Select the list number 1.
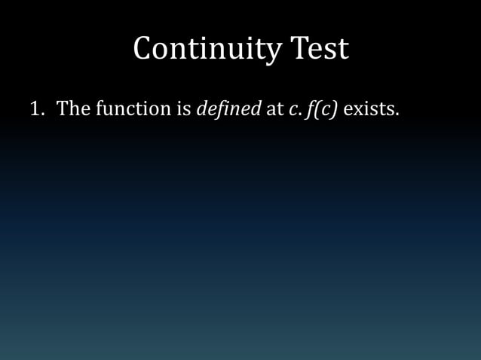click(x=34, y=108)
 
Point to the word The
click(x=74, y=108)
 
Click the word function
click(x=133, y=108)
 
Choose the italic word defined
click(x=228, y=108)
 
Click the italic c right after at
click(x=292, y=110)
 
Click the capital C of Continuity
click(x=145, y=49)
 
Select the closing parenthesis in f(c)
click(x=334, y=109)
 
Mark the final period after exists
click(x=397, y=114)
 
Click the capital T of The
click(x=63, y=108)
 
